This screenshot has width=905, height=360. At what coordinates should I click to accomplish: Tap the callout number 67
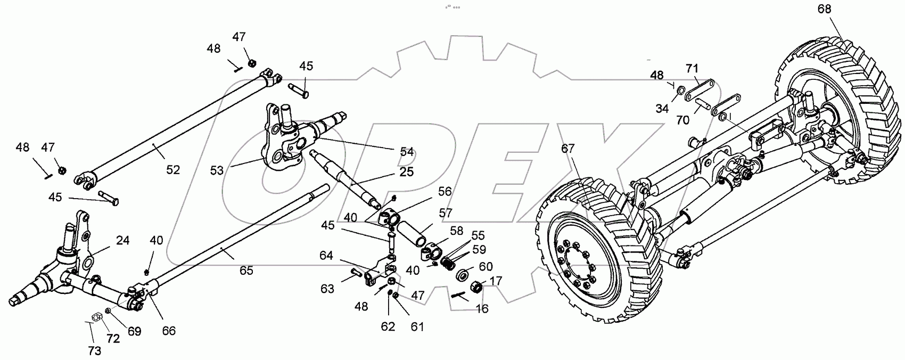click(568, 149)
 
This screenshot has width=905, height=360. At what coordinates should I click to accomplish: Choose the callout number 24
click(123, 241)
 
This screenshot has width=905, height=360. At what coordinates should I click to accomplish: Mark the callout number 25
click(406, 173)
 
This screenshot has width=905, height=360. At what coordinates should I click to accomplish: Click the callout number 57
click(446, 213)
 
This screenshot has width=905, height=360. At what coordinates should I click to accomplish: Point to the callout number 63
click(327, 289)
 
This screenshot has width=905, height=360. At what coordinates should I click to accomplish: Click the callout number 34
click(662, 109)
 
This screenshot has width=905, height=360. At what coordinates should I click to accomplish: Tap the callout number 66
click(169, 331)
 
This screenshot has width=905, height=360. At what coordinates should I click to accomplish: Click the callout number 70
click(682, 120)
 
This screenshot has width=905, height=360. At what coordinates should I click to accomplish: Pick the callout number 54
click(407, 152)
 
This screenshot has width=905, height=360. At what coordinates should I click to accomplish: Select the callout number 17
click(496, 280)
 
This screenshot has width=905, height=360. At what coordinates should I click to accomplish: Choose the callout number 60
click(486, 266)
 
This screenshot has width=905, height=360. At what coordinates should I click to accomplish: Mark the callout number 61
click(417, 326)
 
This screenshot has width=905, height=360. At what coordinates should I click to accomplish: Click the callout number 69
click(134, 331)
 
